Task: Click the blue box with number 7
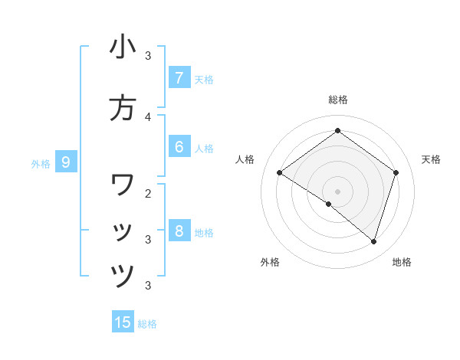(179, 78)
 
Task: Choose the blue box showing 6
(179, 147)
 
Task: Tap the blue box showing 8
(179, 231)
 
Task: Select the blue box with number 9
(66, 162)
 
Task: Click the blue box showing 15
(123, 322)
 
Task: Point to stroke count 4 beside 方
(148, 116)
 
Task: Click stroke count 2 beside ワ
(148, 193)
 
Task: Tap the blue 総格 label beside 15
(147, 324)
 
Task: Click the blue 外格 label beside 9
(41, 163)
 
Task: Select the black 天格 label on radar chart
(431, 159)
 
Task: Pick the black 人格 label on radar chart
(245, 159)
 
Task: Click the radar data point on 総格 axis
(337, 130)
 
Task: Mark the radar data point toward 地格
(374, 241)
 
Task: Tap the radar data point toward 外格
(329, 204)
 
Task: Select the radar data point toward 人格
(279, 173)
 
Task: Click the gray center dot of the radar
(337, 191)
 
